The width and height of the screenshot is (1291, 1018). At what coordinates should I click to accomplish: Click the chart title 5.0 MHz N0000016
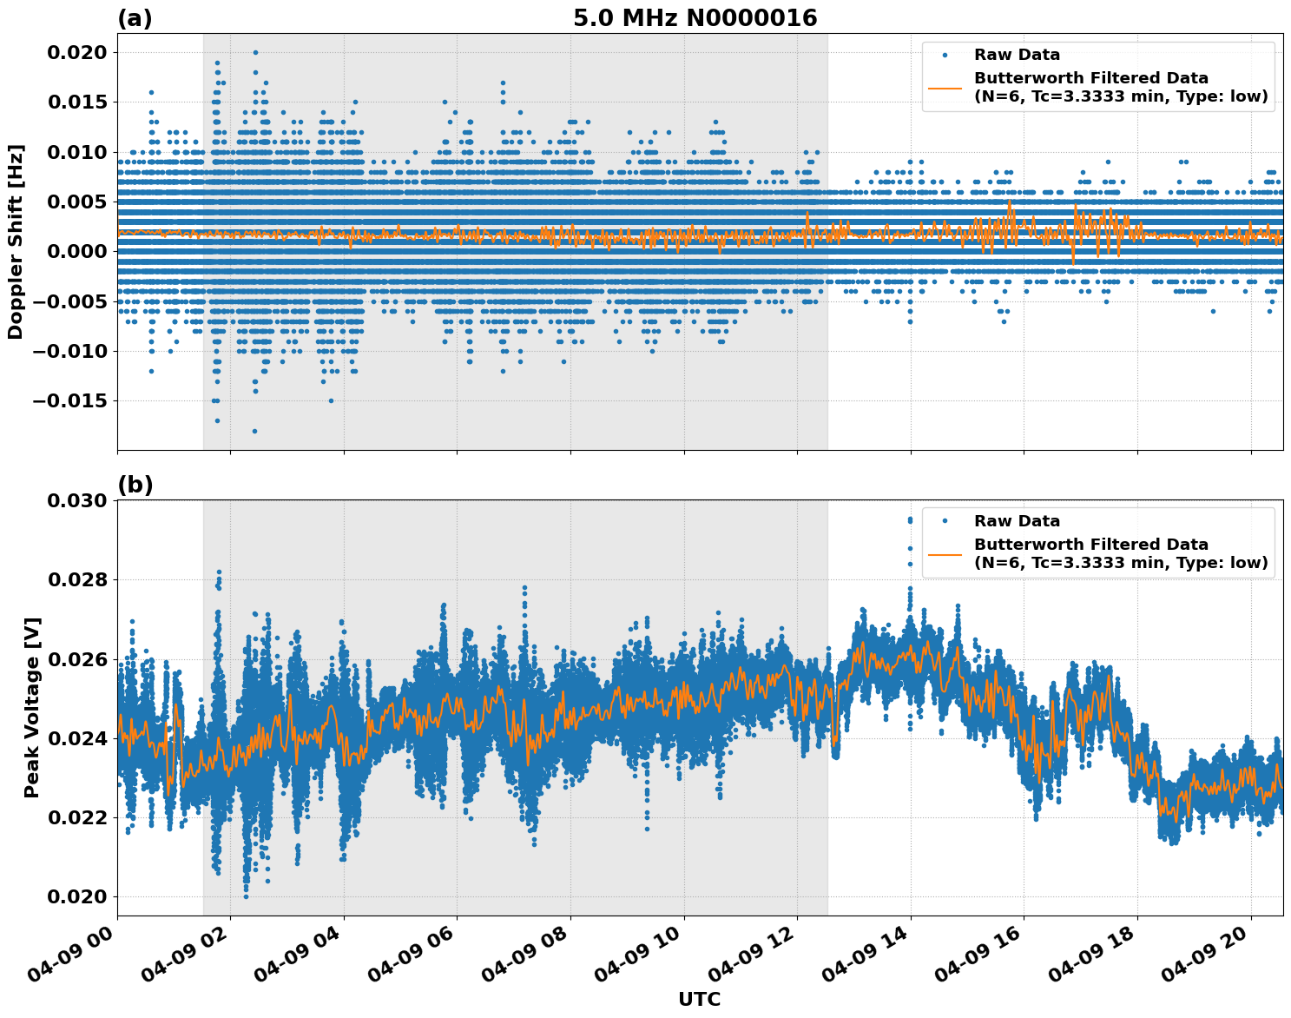tap(695, 18)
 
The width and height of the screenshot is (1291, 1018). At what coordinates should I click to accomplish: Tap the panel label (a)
tap(135, 18)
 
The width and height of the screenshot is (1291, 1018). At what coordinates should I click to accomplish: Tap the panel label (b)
tap(135, 485)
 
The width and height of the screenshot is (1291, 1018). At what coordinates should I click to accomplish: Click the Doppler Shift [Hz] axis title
tap(16, 241)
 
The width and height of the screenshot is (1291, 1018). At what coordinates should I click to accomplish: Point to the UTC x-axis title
tap(699, 999)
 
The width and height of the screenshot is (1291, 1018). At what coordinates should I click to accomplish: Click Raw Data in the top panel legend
tap(1017, 55)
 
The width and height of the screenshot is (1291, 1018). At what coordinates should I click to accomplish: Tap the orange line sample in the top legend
tap(945, 88)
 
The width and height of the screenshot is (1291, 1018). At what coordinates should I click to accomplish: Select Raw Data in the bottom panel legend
tap(1017, 521)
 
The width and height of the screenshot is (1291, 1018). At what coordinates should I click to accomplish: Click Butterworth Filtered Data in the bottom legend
tap(1090, 545)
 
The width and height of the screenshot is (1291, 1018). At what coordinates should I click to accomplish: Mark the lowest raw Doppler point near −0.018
tap(254, 431)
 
